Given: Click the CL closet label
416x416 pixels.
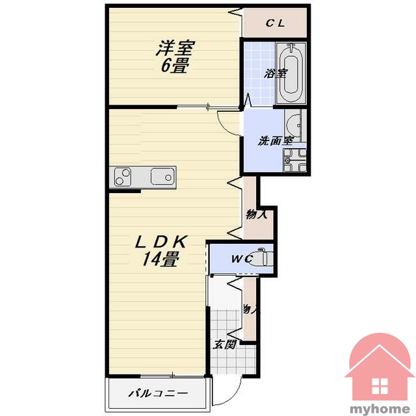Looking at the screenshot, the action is pos(276,23).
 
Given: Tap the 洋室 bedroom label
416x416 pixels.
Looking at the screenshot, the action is pos(175,48).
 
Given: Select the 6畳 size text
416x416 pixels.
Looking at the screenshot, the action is pos(174,65).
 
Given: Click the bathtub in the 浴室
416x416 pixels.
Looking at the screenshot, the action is pos(291,73).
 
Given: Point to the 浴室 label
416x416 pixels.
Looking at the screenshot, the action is pos(276,73).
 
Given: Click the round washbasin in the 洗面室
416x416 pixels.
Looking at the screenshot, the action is pos(294,125).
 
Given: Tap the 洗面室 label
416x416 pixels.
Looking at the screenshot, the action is pos(276,140).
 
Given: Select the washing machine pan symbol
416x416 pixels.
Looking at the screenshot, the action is pos(294,160).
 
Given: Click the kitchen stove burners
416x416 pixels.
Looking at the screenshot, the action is pos(123,177).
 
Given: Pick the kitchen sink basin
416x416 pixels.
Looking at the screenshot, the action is pos(162,176).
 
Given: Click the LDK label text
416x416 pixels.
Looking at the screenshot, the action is pos(162,242).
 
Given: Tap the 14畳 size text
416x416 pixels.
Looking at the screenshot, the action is pos(160,259).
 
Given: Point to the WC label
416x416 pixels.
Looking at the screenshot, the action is pos(242,259).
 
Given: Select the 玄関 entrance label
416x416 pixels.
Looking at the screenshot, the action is pos(225,344).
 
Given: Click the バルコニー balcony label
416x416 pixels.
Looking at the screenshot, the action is pos(159,393).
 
